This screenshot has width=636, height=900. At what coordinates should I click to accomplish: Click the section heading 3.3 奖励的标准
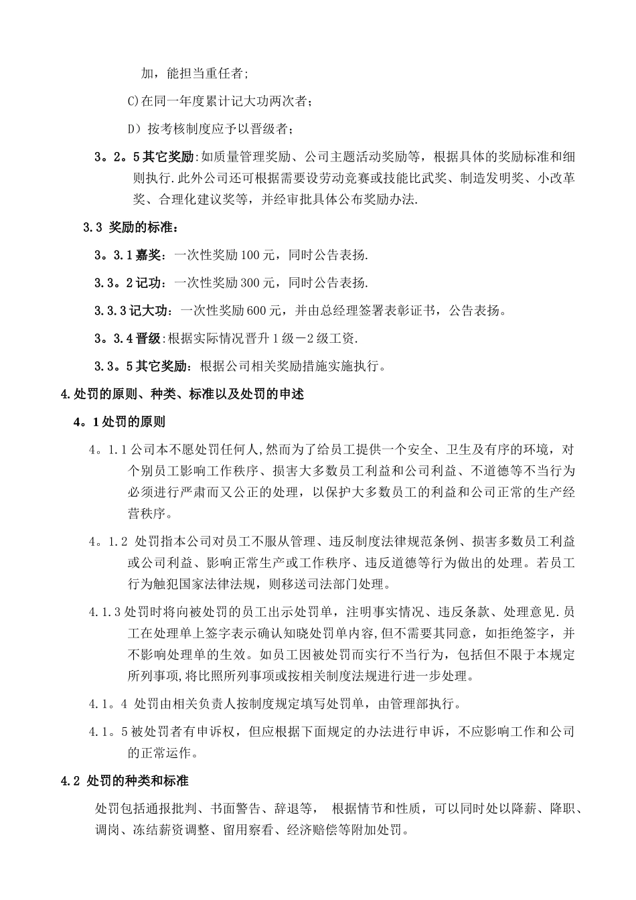[x=131, y=228]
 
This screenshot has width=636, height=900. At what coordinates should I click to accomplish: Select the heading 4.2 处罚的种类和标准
[x=125, y=781]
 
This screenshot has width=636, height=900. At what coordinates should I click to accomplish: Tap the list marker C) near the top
[x=132, y=101]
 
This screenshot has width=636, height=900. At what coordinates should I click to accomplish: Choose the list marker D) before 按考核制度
[x=133, y=129]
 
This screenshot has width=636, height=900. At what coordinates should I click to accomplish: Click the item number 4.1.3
[x=104, y=611]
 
